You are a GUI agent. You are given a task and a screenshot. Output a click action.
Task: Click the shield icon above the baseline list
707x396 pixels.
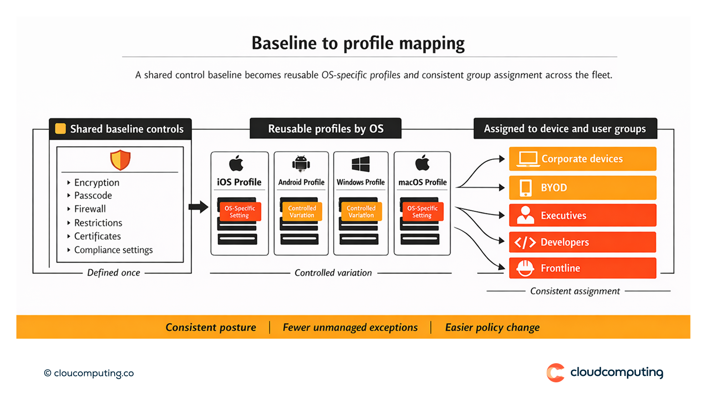(120, 160)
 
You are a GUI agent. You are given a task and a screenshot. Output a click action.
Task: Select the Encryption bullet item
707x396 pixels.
(97, 183)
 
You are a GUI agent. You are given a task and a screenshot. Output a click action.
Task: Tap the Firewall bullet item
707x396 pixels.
(90, 209)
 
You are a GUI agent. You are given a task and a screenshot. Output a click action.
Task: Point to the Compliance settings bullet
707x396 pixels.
(113, 250)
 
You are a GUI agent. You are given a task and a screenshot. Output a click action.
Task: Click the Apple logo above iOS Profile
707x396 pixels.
(236, 163)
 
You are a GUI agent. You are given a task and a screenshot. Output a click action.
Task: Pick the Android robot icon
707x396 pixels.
(301, 163)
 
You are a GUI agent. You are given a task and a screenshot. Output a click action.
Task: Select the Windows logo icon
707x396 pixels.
(361, 164)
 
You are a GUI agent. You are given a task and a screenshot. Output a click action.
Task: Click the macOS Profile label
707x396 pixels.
(422, 182)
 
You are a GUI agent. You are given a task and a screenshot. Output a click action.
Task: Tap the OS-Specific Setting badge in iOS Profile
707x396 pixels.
(240, 212)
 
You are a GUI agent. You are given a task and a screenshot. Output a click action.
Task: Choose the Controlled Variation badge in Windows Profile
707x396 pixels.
(361, 212)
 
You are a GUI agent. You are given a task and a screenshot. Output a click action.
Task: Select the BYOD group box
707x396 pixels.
(582, 188)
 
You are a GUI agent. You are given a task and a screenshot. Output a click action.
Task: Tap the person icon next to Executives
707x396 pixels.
(525, 215)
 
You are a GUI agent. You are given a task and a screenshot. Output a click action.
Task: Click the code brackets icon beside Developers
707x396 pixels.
(525, 242)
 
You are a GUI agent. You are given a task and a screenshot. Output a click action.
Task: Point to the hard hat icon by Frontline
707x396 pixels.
(525, 268)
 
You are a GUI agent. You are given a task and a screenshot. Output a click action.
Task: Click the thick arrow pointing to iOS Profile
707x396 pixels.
(198, 207)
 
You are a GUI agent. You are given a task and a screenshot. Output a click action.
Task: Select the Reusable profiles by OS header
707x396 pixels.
(326, 129)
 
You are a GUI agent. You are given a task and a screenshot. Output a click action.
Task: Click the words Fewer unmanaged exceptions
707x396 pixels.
(350, 327)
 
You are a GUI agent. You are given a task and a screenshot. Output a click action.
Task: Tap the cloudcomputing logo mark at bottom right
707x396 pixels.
(555, 373)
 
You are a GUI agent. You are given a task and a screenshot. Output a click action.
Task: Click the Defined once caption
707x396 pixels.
(113, 273)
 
